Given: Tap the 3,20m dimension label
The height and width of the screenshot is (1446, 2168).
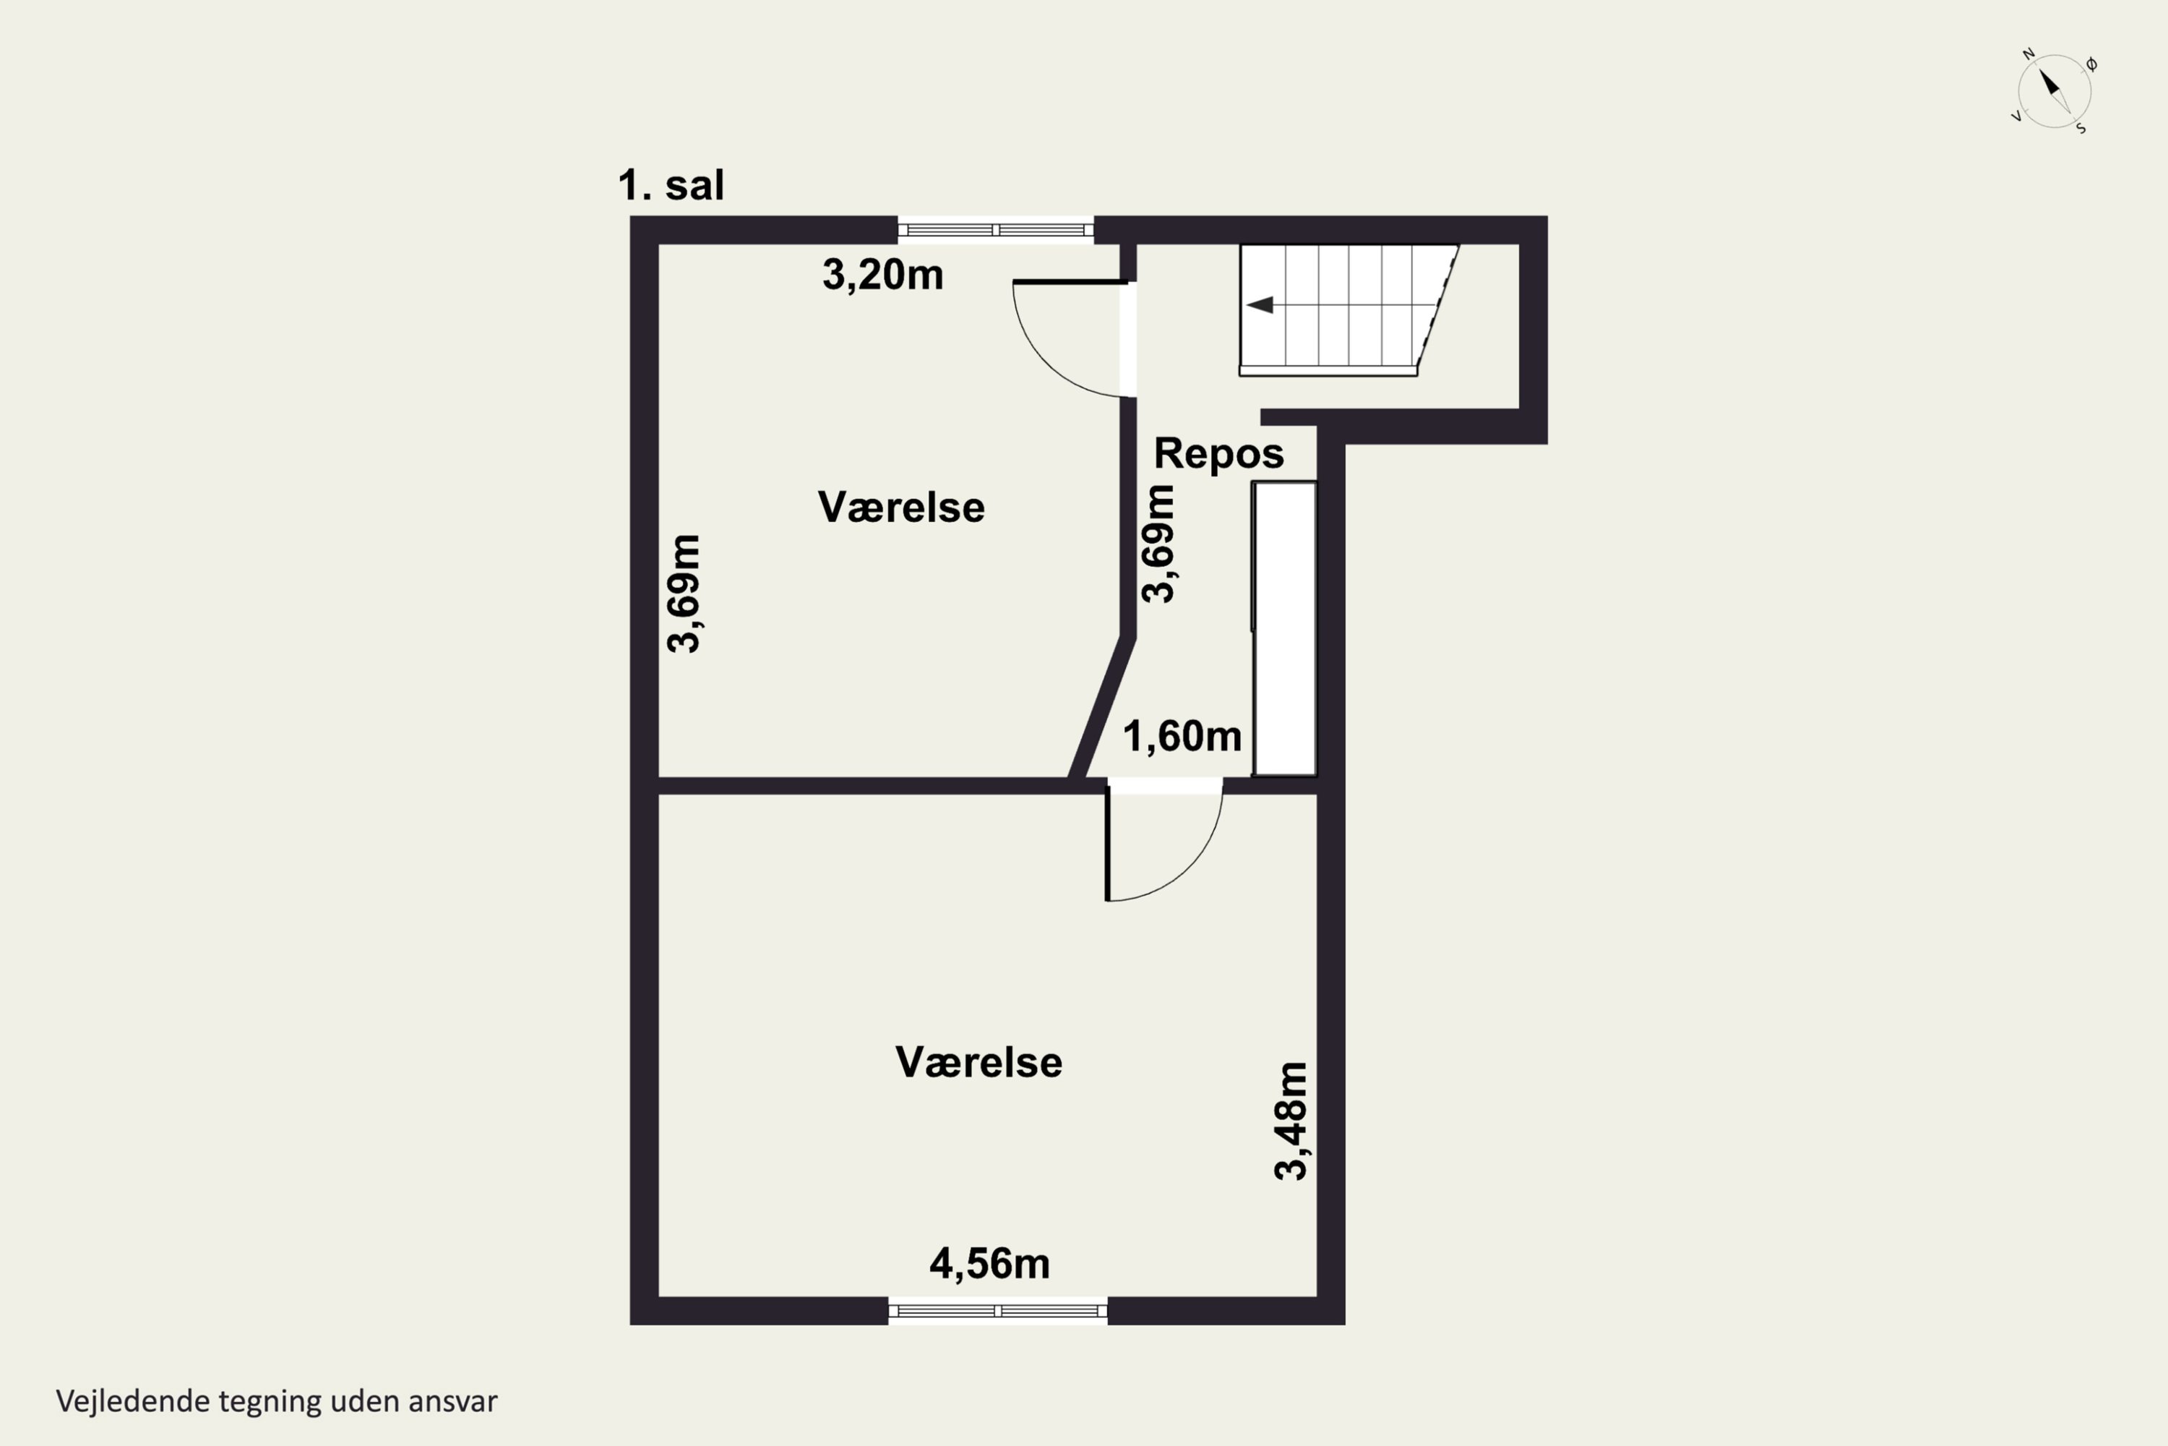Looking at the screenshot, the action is coord(882,275).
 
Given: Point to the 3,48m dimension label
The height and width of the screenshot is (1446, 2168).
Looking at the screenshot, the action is coord(1291,1121).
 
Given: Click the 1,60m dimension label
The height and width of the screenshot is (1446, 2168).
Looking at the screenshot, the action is coord(1182,736).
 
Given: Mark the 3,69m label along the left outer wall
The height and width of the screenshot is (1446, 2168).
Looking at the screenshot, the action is coord(684,593).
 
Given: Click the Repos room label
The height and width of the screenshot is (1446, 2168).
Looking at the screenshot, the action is coord(1218,454).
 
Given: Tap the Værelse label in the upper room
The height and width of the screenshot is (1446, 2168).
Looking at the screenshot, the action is coord(900,508).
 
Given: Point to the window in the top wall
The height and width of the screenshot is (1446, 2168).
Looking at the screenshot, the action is coord(996,230).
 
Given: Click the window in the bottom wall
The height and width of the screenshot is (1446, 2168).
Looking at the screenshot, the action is coord(997,1310).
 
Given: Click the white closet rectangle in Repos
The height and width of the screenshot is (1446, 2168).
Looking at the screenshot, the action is coord(1284,629).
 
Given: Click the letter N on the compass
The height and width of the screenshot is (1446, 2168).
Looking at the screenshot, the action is coord(2029,54).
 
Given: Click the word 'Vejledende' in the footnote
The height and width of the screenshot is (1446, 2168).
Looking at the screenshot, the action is coord(133,1402).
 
